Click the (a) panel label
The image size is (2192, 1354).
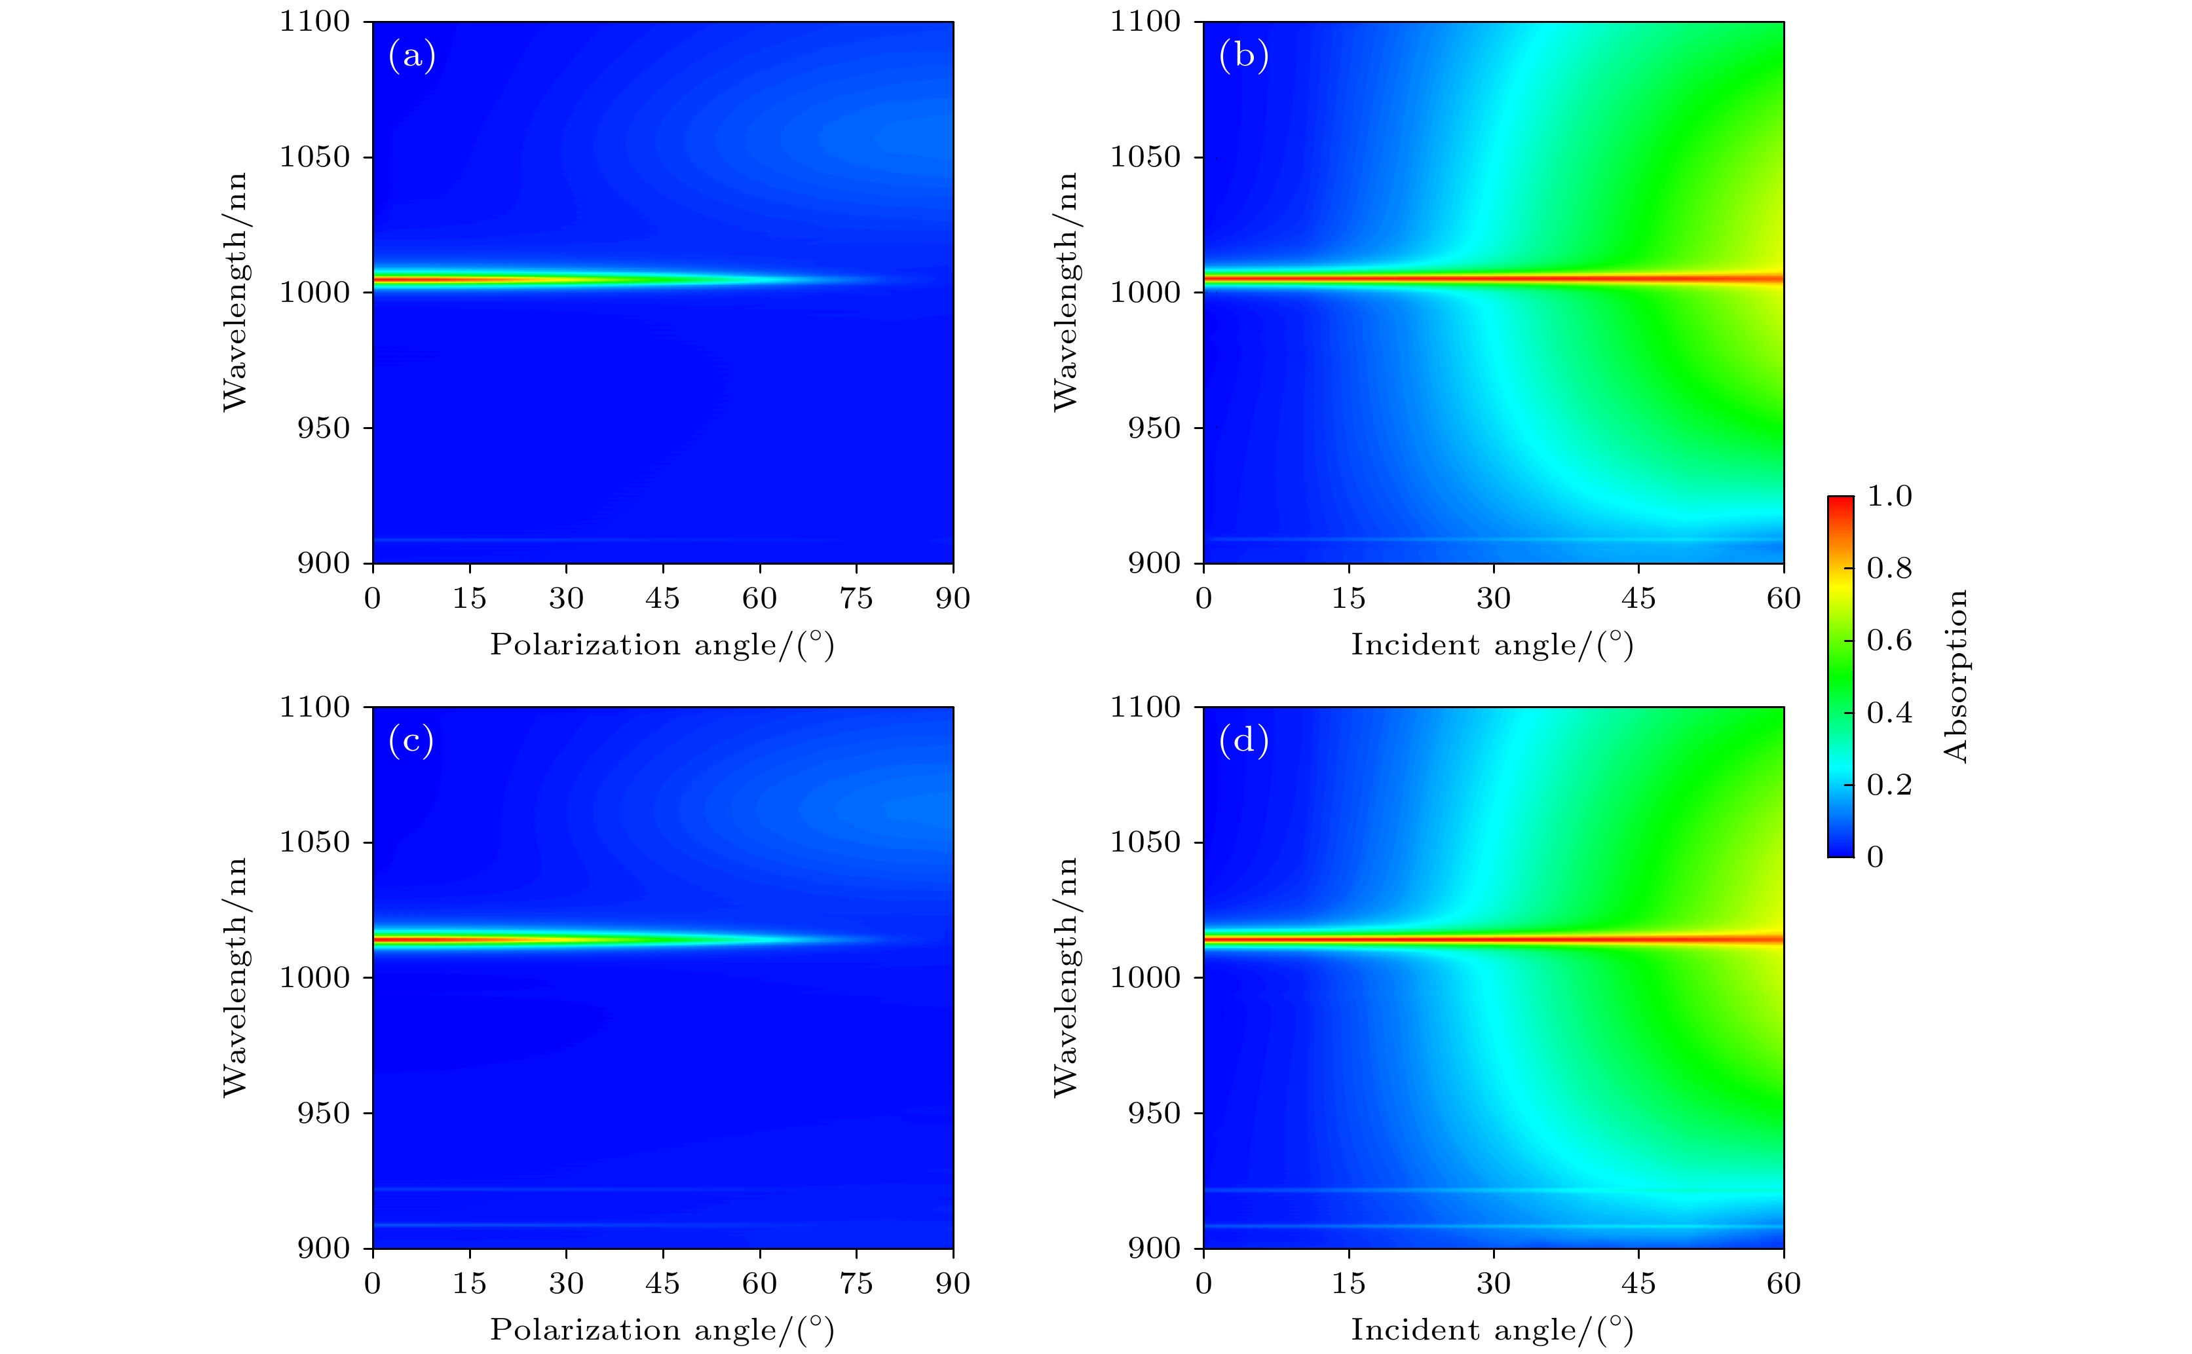(412, 56)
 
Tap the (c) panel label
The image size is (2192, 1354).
(411, 742)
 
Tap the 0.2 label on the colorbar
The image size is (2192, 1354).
(1889, 785)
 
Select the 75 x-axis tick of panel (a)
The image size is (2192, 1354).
(856, 598)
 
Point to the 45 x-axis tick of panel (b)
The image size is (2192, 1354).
(1638, 598)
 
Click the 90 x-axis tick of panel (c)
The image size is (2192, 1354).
(953, 1283)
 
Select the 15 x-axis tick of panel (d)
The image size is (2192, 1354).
(1348, 1283)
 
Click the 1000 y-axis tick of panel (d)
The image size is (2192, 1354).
(1145, 978)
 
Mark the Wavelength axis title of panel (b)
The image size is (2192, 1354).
(1066, 292)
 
